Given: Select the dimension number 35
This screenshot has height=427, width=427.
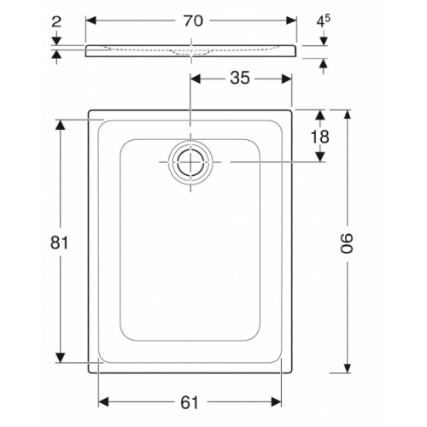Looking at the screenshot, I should (240, 78).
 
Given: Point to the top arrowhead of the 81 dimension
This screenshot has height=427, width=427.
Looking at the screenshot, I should (61, 125).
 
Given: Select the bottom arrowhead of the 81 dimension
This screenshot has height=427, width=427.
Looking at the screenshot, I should (61, 359).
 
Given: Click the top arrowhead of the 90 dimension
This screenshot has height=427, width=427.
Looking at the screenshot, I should (348, 114).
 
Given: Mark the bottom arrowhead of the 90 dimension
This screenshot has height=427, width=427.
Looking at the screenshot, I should (348, 368).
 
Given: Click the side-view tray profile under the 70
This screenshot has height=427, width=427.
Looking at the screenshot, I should (190, 51).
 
